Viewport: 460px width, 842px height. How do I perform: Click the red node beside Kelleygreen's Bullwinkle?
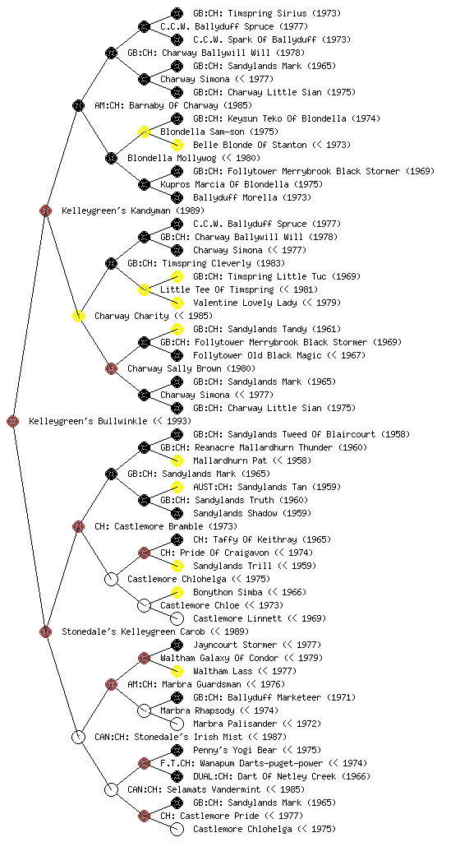coord(13,422)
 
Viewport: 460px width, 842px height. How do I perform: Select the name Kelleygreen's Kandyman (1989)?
coord(133,211)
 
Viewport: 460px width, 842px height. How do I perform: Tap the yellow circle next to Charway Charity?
coord(78,317)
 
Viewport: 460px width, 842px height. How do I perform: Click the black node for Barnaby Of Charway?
coord(78,106)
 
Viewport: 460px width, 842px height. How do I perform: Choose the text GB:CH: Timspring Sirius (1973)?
coord(267,13)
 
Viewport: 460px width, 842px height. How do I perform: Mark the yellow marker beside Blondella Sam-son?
coord(144,132)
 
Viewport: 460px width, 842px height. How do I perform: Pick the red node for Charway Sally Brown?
coord(111,369)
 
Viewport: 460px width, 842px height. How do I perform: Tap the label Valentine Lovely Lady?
coord(245,303)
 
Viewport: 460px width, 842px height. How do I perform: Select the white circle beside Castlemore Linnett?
coord(177,619)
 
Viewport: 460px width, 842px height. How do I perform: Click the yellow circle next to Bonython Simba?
coord(177,593)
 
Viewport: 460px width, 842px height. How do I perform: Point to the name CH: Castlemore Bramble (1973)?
coord(166,527)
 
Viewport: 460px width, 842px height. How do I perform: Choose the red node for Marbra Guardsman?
coord(111,685)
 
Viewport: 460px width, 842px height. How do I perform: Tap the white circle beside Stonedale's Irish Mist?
coord(78,738)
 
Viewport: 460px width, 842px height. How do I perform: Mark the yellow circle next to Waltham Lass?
coord(177,672)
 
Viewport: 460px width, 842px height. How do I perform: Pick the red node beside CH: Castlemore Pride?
coord(144,817)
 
